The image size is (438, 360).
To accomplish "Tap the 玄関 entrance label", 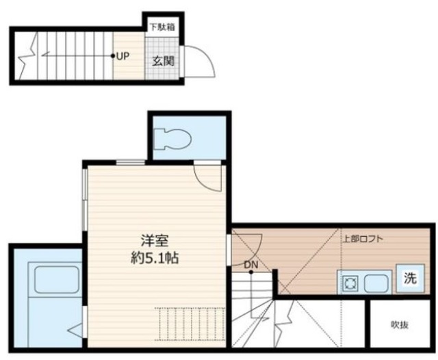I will click(x=163, y=60).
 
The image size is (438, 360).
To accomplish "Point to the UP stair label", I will click(x=123, y=57).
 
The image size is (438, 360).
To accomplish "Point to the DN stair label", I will click(x=251, y=263).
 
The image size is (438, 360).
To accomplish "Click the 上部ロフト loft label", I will click(x=363, y=239).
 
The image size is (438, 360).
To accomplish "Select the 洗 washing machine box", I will click(x=410, y=279).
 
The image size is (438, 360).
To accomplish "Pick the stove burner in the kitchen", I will click(x=349, y=281).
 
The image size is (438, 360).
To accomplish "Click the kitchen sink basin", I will click(x=376, y=281).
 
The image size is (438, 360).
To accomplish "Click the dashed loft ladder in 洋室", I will click(x=190, y=322).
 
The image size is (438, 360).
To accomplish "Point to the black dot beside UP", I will click(x=113, y=57).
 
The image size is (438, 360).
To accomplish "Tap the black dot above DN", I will click(x=251, y=272).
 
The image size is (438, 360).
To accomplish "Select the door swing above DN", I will click(x=246, y=243).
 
